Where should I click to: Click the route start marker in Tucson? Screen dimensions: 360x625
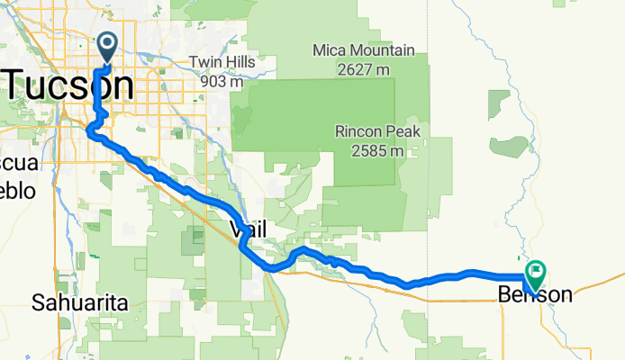click(107, 46)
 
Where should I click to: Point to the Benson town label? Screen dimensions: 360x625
click(534, 293)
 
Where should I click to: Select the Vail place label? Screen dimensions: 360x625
click(249, 230)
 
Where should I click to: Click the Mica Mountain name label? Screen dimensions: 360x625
click(363, 49)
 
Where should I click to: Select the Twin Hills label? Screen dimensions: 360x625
click(222, 63)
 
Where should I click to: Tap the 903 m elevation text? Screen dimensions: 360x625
click(222, 81)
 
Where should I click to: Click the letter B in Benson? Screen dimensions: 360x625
click(505, 293)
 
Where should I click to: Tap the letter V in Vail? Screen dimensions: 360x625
click(236, 230)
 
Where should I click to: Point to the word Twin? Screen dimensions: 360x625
click(205, 63)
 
